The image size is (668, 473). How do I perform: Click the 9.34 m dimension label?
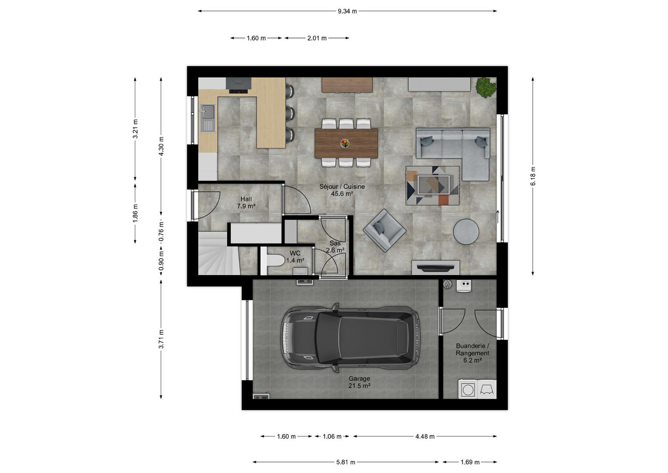347,11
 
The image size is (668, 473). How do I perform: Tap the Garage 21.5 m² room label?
359,382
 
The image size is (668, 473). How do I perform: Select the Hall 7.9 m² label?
246,202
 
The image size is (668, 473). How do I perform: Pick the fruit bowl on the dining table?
345,143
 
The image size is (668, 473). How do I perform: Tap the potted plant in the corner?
486,87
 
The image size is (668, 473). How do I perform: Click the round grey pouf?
466,232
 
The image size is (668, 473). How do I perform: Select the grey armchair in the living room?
384,230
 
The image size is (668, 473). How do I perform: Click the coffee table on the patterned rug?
434,185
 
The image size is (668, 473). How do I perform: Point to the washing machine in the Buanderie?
468,389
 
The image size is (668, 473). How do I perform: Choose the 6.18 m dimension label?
533,176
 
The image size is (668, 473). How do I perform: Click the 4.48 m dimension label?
425,436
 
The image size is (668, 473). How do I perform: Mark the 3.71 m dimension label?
161,339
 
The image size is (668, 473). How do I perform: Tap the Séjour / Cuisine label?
342,186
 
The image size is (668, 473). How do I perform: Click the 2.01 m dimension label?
317,38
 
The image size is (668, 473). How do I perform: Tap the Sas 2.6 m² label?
335,247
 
